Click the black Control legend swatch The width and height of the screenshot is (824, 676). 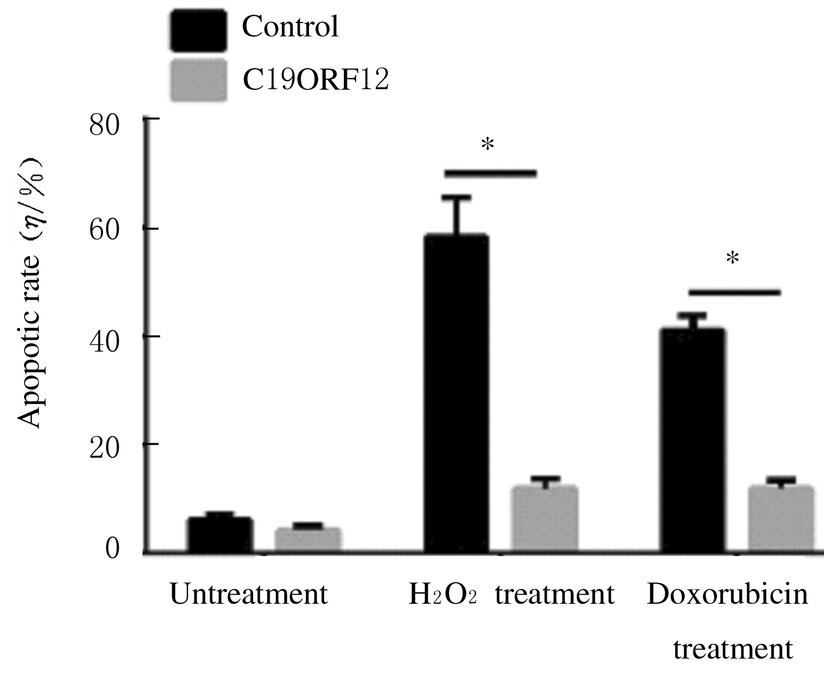coord(198,31)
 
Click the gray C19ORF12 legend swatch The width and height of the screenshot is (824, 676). coord(198,80)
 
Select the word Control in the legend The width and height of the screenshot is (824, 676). coord(290,27)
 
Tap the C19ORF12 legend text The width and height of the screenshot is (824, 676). coord(316,80)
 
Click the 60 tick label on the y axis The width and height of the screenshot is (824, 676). coord(105,230)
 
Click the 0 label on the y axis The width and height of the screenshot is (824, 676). coord(112,548)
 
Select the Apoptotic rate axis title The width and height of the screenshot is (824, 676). coord(30,293)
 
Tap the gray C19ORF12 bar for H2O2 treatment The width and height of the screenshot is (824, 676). coord(545,519)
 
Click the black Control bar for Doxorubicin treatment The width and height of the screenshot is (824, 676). coord(692,440)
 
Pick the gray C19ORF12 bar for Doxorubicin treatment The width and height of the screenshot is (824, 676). coord(781,519)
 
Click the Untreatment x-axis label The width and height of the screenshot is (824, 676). coord(249,595)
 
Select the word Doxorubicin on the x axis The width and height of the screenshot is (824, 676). coord(727,595)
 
